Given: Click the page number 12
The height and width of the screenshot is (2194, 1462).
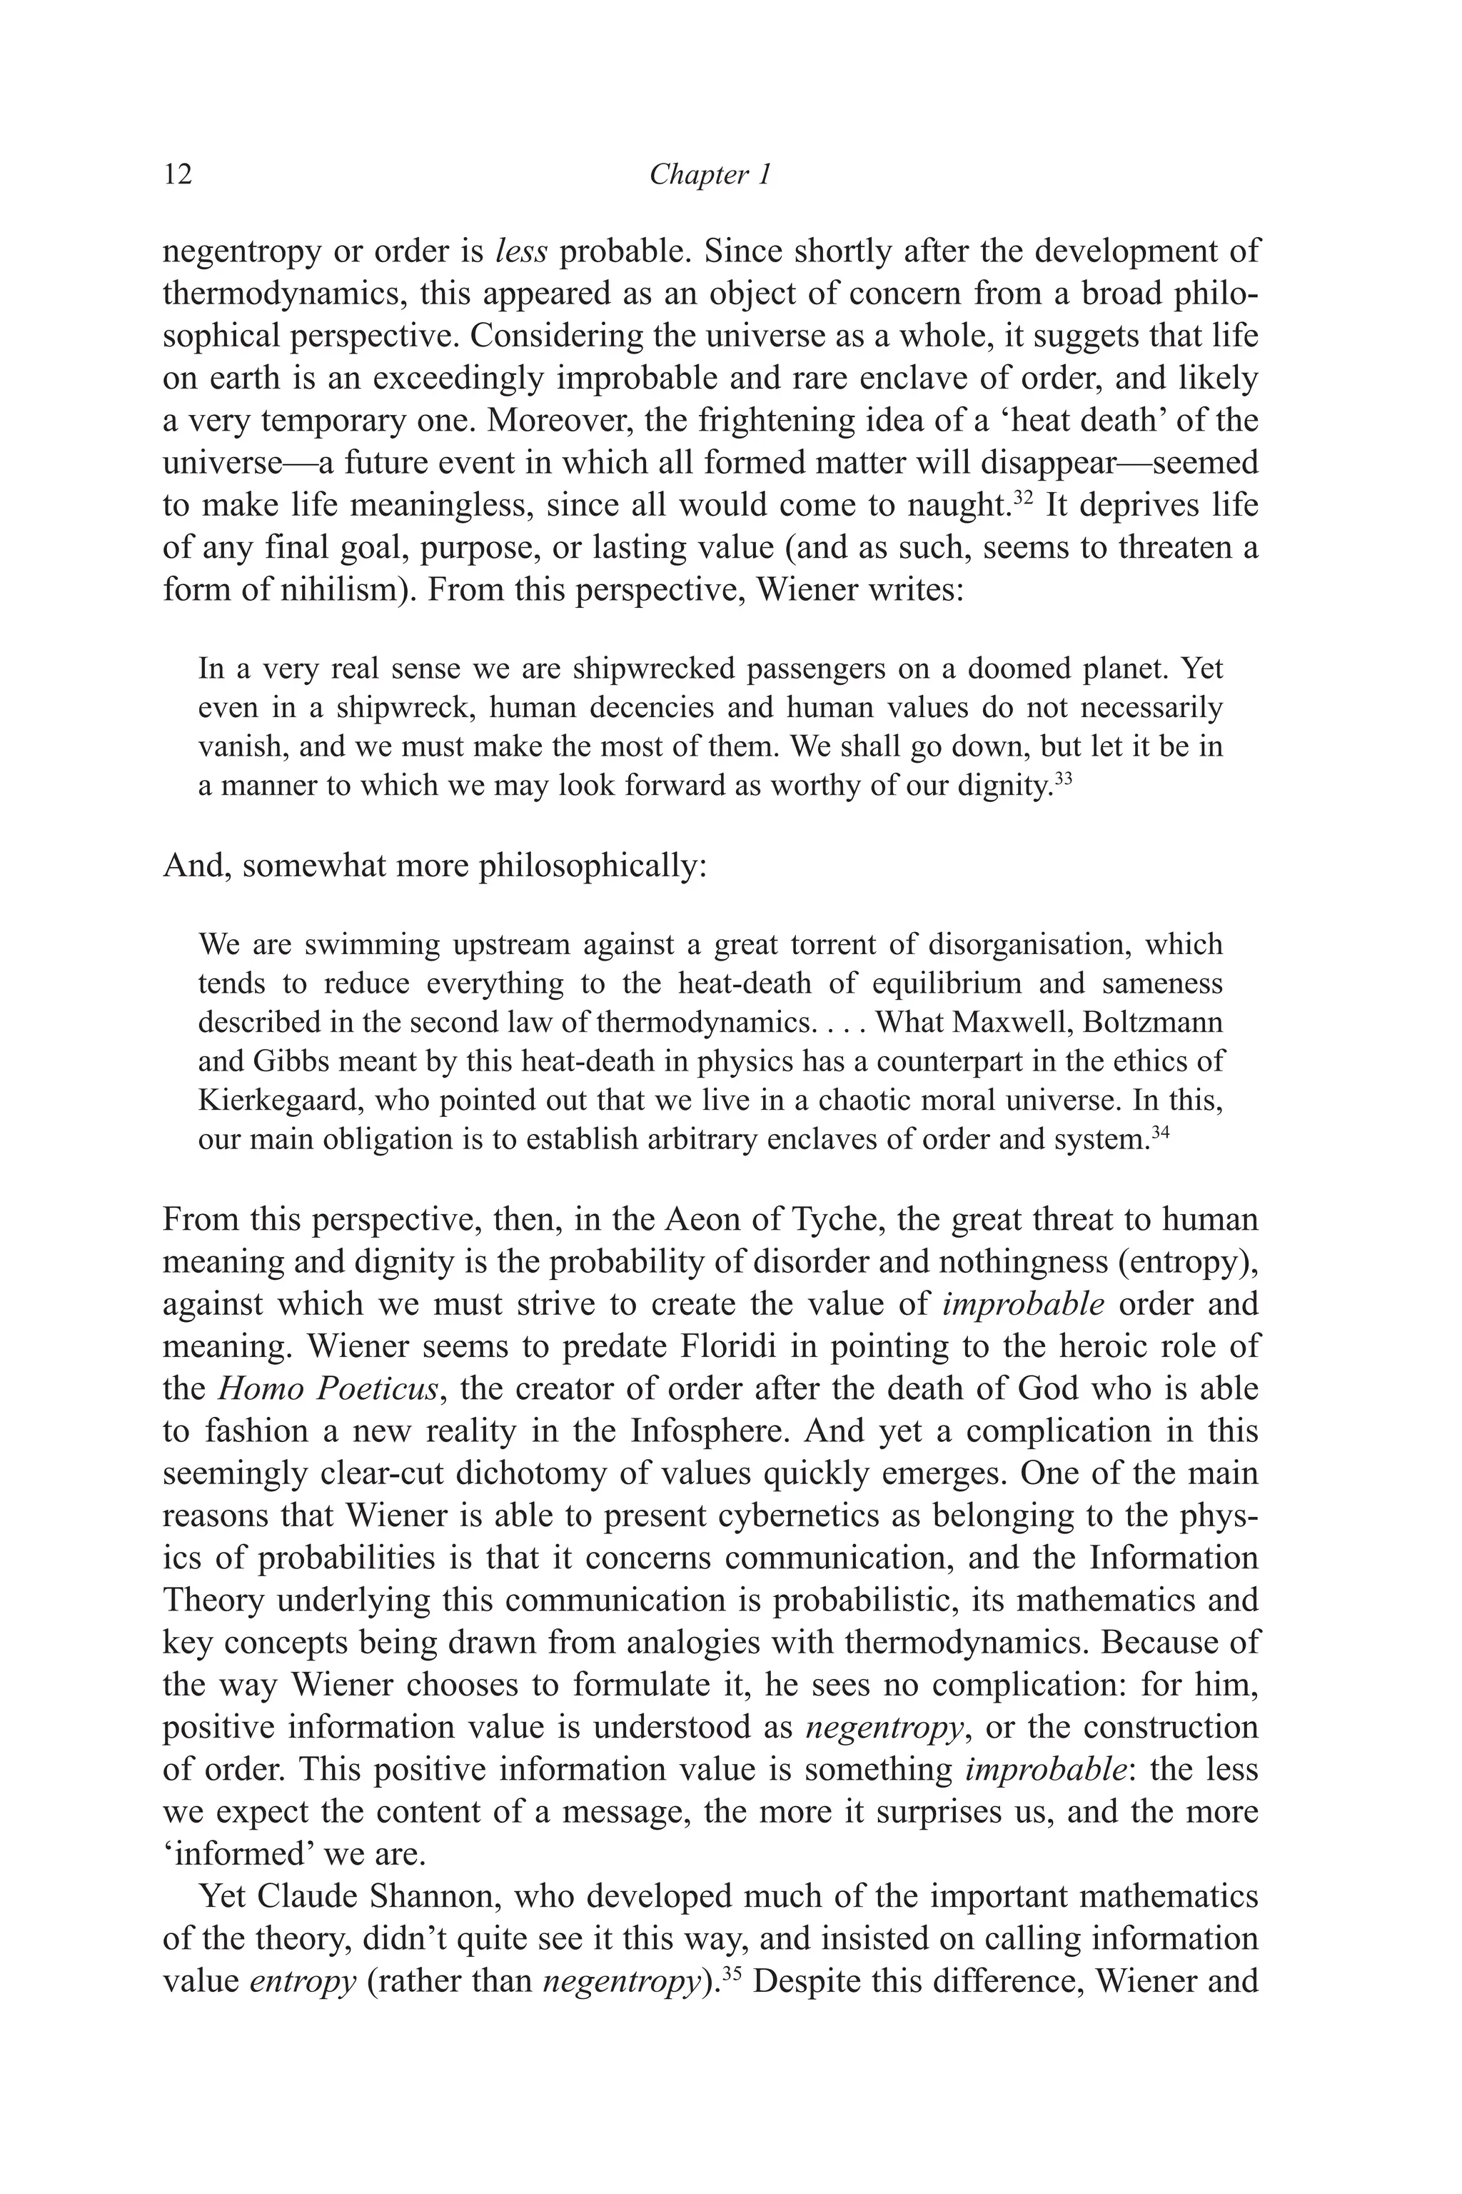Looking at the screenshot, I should [x=177, y=174].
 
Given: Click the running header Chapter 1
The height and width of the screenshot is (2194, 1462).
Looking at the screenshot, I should [x=710, y=174].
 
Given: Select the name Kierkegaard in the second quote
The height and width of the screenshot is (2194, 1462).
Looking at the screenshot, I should [x=280, y=1101].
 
